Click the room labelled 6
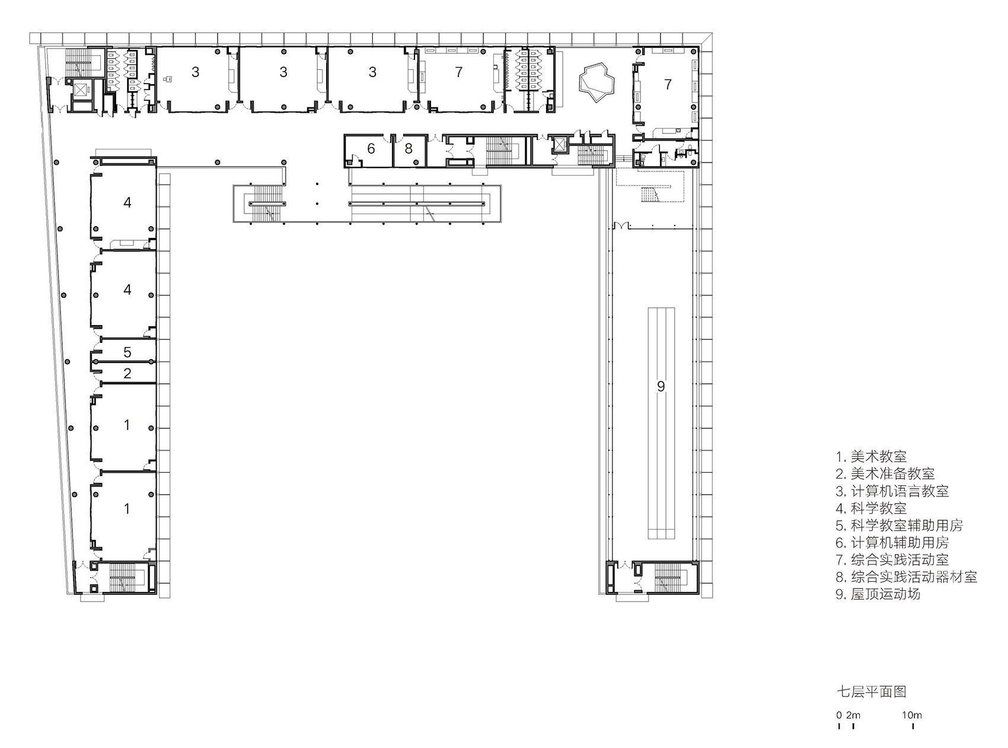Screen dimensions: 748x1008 (371, 149)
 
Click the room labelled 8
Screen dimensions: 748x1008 (409, 149)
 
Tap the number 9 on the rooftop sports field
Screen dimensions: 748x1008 (661, 387)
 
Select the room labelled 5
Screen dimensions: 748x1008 (127, 352)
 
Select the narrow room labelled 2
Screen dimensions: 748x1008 (127, 374)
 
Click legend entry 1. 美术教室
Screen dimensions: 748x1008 (871, 457)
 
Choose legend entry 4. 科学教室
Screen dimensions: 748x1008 (871, 508)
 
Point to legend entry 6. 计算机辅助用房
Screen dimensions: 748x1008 (892, 543)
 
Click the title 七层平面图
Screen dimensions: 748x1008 (871, 692)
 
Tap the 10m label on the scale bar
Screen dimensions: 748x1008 (912, 715)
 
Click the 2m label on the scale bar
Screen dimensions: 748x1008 (853, 715)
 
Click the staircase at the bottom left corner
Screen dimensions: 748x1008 (122, 577)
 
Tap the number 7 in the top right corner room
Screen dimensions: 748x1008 (668, 84)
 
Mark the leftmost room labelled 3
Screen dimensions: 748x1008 (195, 72)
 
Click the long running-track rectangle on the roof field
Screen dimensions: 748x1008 (661, 422)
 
